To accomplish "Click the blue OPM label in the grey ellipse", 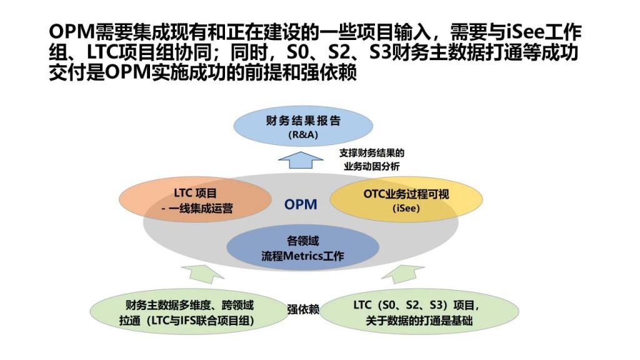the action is point(301,204).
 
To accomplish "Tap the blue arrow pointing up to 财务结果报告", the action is point(301,159).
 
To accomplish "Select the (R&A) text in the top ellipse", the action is point(303,135).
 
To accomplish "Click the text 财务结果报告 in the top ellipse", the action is point(303,121).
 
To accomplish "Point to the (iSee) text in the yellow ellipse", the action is point(406,207).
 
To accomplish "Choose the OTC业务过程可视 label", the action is point(406,194).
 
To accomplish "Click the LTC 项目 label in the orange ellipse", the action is point(195,193).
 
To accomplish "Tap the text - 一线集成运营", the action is point(197,209).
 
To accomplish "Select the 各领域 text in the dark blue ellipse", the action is point(302,241).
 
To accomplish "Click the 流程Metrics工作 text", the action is point(302,256).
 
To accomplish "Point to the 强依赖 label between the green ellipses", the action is point(303,309).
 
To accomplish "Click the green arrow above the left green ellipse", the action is point(202,274).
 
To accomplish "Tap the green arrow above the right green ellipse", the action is point(403,274).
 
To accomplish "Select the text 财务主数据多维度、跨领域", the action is point(189,305).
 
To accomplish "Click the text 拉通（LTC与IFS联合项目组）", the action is point(187,321).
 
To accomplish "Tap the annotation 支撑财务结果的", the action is point(371,153).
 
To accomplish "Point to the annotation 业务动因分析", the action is point(371,166).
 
